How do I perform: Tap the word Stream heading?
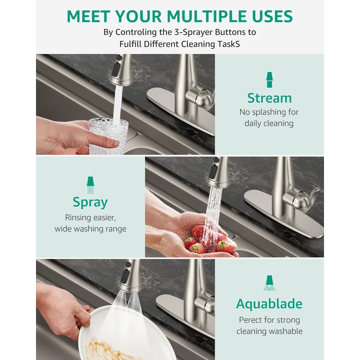270,98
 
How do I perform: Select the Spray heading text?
90,202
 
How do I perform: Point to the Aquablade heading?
269,304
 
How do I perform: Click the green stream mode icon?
269,80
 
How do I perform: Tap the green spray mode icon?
90,185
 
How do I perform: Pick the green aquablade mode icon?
269,283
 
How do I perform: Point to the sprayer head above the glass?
120,70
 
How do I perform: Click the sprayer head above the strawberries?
217,172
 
